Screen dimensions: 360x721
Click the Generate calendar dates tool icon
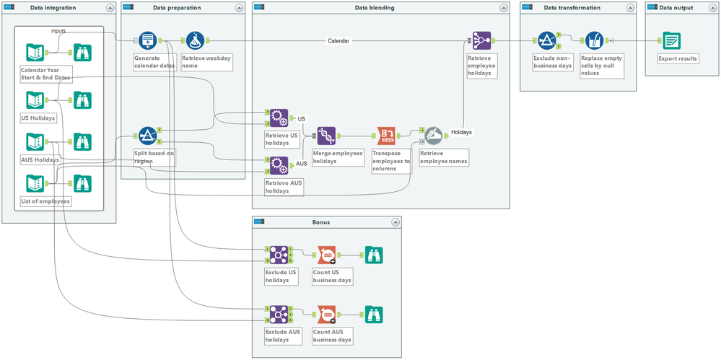click(x=148, y=41)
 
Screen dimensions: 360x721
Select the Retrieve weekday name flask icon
click(x=196, y=41)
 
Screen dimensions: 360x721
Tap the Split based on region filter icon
click(x=148, y=136)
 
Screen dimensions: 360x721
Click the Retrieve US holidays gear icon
click(x=279, y=118)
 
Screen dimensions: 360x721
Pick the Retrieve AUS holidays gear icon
click(x=279, y=165)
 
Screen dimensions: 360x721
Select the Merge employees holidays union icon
click(x=326, y=135)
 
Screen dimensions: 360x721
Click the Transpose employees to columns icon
click(x=386, y=135)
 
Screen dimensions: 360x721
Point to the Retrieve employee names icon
click(x=433, y=135)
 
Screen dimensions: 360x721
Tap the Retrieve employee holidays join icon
click(x=481, y=41)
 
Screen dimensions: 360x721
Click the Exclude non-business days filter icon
click(x=546, y=41)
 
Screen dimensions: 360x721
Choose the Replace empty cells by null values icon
click(x=594, y=41)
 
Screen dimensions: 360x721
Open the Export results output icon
click(x=671, y=41)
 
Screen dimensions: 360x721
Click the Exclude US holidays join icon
click(x=279, y=255)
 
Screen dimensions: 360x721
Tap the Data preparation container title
click(x=177, y=7)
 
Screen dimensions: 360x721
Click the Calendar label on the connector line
click(x=338, y=41)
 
